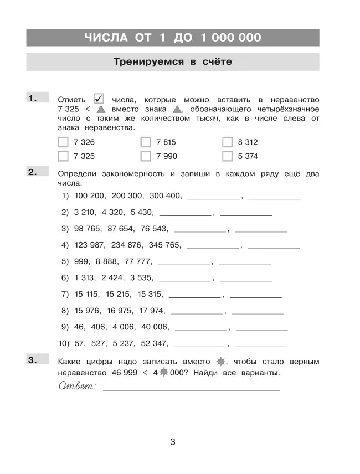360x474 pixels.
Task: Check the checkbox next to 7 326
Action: [63, 142]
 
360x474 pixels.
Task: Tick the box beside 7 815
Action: [146, 142]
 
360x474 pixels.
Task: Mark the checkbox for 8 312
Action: [227, 142]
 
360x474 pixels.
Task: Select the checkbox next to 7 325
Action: [63, 156]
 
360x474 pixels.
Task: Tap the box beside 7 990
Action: [146, 156]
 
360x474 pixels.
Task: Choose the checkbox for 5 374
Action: [227, 156]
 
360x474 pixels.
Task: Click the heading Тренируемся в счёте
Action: [172, 62]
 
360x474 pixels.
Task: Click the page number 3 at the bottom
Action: [173, 442]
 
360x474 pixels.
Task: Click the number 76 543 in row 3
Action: [154, 228]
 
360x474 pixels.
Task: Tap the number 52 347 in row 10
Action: [154, 343]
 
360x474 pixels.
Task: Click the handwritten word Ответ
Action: [76, 385]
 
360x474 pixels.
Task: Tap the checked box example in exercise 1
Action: [100, 98]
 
